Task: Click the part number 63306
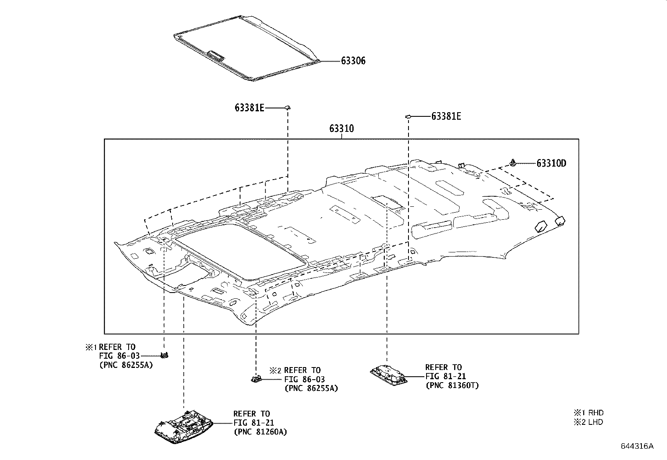pos(353,61)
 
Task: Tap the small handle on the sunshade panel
pos(216,54)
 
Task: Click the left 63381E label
pos(249,108)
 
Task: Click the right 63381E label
pos(446,116)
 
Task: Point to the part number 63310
pos(341,128)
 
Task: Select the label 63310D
pos(551,163)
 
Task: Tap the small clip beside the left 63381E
pos(287,108)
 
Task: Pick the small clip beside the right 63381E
pos(407,116)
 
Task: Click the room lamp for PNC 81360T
pos(388,375)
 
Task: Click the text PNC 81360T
pos(452,385)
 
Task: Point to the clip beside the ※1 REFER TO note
pos(164,356)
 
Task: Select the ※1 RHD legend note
pos(589,413)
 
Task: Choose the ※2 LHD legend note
pos(589,422)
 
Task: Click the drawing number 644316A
pos(637,446)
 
